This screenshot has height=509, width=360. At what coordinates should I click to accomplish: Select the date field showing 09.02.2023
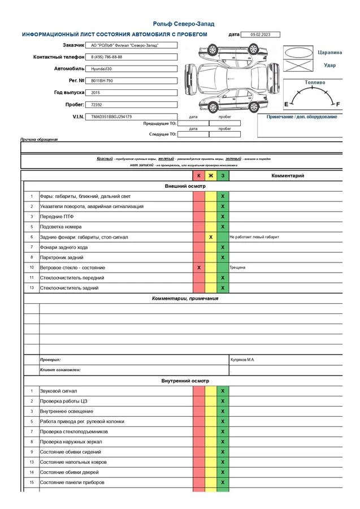[260, 34]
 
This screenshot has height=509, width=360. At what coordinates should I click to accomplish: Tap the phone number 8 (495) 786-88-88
[107, 57]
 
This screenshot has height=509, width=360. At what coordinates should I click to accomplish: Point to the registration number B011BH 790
[102, 81]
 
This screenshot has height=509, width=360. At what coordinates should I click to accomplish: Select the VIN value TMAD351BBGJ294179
[112, 117]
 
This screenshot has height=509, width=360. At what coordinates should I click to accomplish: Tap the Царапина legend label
[330, 52]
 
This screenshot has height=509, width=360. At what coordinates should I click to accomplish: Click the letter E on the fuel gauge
[286, 105]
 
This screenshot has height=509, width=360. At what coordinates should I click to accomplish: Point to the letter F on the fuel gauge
[338, 105]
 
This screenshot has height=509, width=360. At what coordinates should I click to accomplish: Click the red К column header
[198, 176]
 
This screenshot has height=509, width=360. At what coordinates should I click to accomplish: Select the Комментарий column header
[288, 176]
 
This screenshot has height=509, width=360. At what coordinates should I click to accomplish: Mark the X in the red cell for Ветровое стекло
[198, 268]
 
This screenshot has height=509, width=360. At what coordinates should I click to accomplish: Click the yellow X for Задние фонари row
[210, 237]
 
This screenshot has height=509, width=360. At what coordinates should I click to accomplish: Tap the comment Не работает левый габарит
[254, 237]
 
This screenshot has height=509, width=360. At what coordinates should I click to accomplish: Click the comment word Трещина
[237, 268]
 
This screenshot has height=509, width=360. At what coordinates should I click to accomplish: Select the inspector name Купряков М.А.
[242, 360]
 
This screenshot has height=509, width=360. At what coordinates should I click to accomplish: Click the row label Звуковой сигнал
[58, 391]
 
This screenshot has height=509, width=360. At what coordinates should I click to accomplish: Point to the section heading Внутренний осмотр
[185, 381]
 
